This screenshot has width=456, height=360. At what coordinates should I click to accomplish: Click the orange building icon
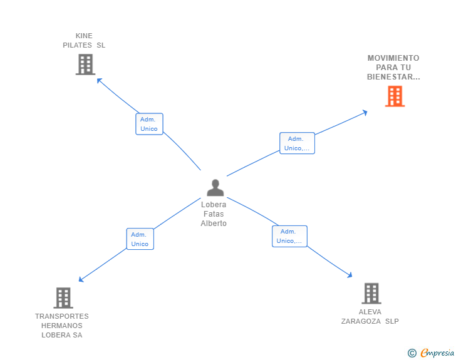point(395,96)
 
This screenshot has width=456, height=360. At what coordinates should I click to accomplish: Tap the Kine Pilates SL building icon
point(85,64)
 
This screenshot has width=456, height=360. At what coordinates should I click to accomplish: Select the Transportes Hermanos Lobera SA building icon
point(63,298)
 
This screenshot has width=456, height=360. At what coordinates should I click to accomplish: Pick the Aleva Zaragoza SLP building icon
point(371,293)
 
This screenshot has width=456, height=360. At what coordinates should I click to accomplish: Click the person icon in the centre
point(215,188)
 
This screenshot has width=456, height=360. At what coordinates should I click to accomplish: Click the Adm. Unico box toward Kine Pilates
point(149,124)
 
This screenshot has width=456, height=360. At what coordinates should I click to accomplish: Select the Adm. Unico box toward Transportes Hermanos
point(140,239)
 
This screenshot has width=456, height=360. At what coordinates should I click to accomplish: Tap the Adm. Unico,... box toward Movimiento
point(297,143)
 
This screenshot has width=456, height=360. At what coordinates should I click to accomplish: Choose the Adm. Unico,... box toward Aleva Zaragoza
point(289,236)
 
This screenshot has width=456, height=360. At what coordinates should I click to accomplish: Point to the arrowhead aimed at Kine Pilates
point(99,81)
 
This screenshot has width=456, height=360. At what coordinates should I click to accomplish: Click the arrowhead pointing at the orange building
point(365,113)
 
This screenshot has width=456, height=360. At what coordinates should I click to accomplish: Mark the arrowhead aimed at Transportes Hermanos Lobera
point(81,279)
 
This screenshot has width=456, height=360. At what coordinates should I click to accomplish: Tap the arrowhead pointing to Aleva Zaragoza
point(350,275)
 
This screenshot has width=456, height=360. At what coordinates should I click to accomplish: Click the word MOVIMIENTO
point(393,58)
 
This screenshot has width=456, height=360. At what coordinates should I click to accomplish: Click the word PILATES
point(78,45)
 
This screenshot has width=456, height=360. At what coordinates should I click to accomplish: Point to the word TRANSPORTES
point(62,316)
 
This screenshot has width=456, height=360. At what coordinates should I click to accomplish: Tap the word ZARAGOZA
point(361,321)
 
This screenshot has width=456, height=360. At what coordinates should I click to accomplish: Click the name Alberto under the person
point(214,224)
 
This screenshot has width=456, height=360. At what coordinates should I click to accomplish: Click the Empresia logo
point(431,352)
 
